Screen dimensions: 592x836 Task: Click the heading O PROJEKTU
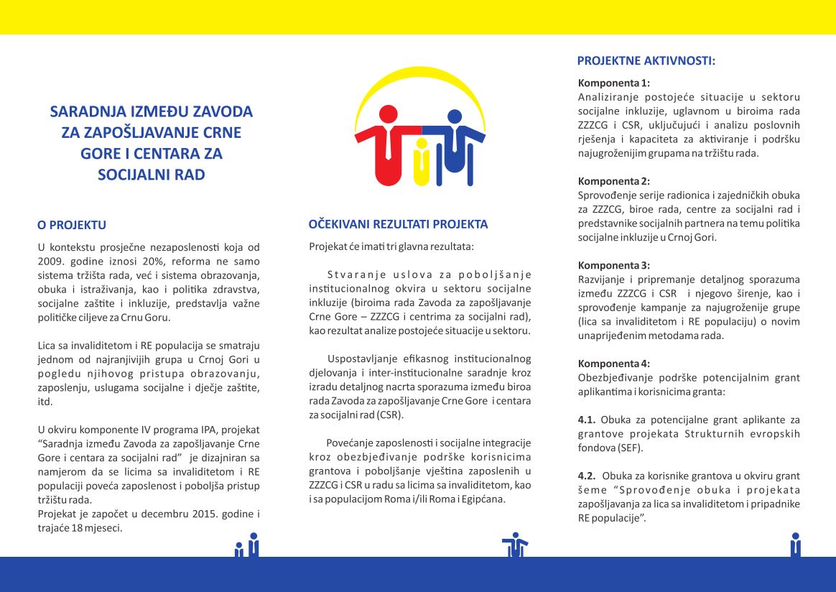click(x=72, y=225)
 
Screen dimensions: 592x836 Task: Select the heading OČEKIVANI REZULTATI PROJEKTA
click(x=398, y=224)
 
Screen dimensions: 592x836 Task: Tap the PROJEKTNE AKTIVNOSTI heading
click(x=646, y=60)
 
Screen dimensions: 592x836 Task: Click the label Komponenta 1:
click(x=613, y=83)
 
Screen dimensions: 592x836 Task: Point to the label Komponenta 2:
click(x=613, y=181)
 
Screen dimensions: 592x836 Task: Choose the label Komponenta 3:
click(x=613, y=265)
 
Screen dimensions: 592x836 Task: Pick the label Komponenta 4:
click(x=613, y=364)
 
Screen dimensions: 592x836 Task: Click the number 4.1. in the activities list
click(x=587, y=420)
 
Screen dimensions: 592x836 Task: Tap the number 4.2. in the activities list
click(x=587, y=476)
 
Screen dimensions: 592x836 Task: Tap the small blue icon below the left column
click(x=247, y=545)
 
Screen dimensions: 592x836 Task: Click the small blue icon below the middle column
click(x=514, y=544)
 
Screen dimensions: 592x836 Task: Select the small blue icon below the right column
click(x=795, y=544)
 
